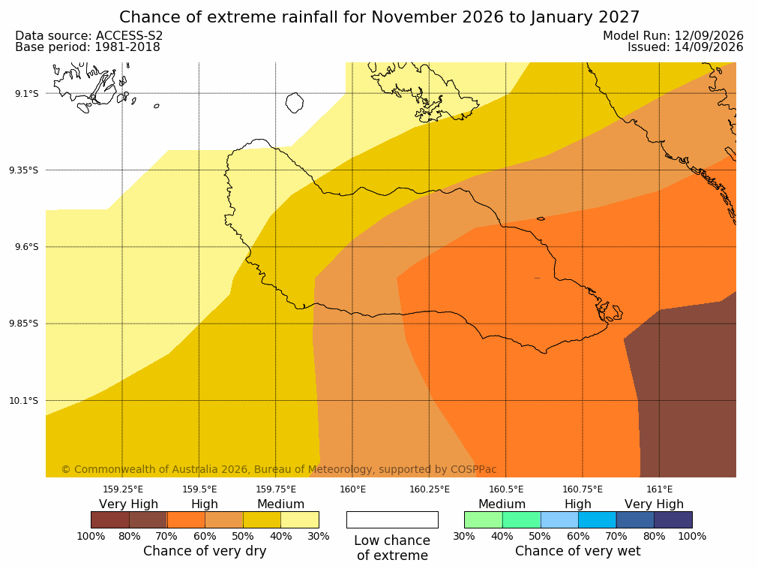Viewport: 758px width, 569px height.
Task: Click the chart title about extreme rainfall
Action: point(379,17)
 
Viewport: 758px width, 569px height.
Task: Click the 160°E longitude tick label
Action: point(352,489)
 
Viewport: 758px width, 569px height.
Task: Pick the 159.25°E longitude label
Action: point(123,489)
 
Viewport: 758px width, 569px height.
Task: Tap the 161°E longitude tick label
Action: point(659,489)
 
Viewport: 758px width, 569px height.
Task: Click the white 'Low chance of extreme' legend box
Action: point(392,519)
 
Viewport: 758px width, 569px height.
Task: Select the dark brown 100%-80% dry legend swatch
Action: point(110,519)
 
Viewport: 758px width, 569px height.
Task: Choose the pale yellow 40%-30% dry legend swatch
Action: point(300,519)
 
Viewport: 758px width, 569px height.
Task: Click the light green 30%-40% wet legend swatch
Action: point(484,519)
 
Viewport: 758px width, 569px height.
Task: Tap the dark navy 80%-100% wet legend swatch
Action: point(673,519)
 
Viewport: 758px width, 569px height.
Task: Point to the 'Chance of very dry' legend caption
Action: point(205,551)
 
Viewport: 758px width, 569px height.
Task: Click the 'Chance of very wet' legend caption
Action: point(578,551)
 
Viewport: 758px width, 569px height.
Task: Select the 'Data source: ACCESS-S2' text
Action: point(89,36)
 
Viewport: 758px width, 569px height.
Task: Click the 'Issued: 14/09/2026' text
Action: point(685,47)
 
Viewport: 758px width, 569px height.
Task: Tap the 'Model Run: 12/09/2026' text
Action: point(673,36)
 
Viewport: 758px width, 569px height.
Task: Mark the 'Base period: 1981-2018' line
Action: point(88,47)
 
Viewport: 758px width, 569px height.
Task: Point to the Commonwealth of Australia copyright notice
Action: point(279,469)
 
